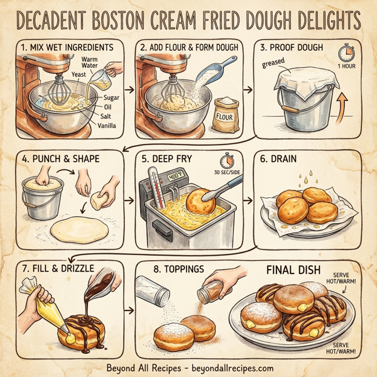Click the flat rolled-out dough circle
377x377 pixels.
click(x=79, y=229)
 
